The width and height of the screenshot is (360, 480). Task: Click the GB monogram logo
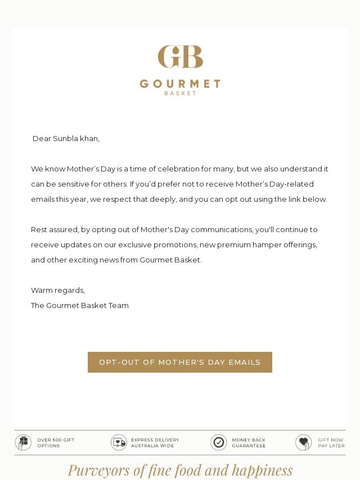tap(180, 57)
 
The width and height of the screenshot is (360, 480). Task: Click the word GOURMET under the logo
tap(180, 84)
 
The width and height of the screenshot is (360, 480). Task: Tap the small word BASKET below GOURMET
tap(180, 93)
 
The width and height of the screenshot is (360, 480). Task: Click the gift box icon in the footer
tap(23, 443)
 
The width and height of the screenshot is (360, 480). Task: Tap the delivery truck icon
tap(119, 443)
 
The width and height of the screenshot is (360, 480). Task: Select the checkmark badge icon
tap(219, 443)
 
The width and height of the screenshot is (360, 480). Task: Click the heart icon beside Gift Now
tap(303, 443)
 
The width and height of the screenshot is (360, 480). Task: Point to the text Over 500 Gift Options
tap(56, 443)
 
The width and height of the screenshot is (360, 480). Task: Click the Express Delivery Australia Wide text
tap(155, 443)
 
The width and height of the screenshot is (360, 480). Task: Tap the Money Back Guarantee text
tap(249, 443)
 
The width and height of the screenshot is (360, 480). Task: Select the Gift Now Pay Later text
tap(331, 443)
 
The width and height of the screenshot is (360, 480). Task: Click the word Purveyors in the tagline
tap(99, 470)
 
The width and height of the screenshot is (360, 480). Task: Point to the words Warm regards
tap(58, 291)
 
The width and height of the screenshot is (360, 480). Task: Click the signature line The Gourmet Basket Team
tap(80, 306)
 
